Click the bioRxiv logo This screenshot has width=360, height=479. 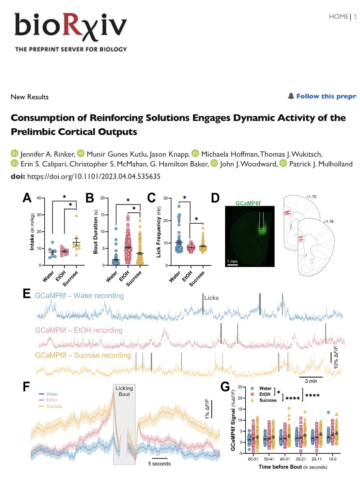coord(71,32)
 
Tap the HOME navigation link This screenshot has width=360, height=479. coord(338,17)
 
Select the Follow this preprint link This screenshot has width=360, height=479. coord(326,96)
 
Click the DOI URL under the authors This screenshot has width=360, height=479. coord(93,176)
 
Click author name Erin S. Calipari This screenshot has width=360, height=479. coord(43,164)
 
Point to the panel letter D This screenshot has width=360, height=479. coord(215,198)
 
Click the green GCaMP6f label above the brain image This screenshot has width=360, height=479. coord(248,203)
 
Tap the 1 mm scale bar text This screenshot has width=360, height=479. coord(232,261)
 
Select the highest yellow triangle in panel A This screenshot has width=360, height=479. coord(76,216)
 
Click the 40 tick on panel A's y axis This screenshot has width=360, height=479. coord(39,198)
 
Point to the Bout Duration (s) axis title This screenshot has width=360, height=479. coord(95,232)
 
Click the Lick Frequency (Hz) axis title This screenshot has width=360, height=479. coord(158,232)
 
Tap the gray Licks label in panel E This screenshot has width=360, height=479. coord(211,298)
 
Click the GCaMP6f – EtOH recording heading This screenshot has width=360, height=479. coord(78,330)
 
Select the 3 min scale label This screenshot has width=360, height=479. coord(311,381)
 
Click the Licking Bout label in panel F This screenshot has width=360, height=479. coord(124,391)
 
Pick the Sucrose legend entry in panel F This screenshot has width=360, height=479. coord(54,406)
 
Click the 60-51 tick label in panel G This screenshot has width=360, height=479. coord(253,459)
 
